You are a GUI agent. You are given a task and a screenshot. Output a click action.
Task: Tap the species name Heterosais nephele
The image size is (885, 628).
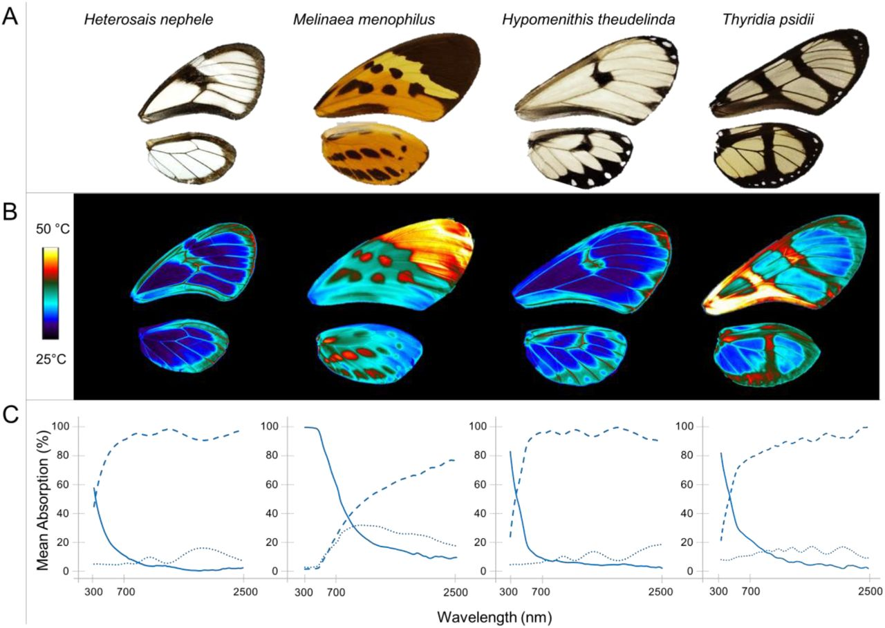coord(148,19)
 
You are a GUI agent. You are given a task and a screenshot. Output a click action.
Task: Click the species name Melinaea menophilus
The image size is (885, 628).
coord(364,19)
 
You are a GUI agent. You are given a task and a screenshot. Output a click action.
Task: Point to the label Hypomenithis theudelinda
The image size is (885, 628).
coord(588,19)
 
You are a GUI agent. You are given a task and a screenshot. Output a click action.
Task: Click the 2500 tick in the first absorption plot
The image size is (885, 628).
coord(243,591)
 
